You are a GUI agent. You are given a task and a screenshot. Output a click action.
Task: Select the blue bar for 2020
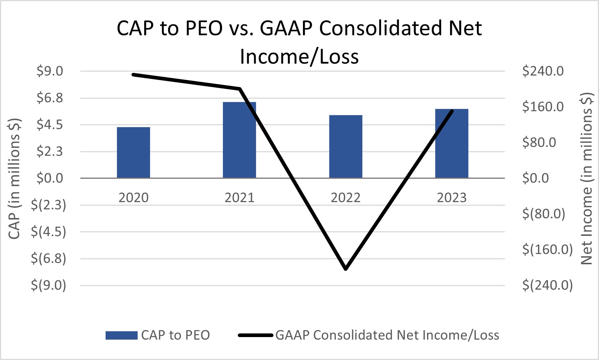tap(133, 153)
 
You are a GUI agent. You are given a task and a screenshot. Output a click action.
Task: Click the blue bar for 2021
tap(239, 140)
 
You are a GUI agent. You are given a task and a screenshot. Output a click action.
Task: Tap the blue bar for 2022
tap(346, 147)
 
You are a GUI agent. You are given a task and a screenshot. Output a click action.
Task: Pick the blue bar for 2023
tap(452, 143)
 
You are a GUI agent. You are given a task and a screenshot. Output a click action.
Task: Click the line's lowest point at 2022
tap(346, 269)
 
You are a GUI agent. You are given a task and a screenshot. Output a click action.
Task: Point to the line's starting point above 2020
tap(134, 75)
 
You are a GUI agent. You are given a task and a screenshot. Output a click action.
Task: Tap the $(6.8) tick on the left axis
tap(48, 258)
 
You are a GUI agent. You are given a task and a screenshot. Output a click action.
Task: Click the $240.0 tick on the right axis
tap(543, 71)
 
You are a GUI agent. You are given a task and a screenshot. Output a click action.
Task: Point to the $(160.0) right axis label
tap(547, 249)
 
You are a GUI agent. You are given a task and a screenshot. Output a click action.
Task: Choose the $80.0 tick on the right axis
tap(539, 142)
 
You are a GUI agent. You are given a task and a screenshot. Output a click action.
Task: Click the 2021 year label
tap(239, 198)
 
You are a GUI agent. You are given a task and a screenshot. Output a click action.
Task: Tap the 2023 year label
tap(452, 198)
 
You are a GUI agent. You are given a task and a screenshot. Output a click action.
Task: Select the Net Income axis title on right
tap(586, 178)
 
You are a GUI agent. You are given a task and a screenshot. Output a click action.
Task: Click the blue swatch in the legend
tap(121, 335)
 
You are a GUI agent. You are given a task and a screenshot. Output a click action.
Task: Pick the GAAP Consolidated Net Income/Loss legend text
tap(387, 335)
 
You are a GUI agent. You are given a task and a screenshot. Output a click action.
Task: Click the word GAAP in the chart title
tap(286, 28)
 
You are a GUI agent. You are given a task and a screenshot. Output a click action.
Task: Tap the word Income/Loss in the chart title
tap(299, 57)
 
